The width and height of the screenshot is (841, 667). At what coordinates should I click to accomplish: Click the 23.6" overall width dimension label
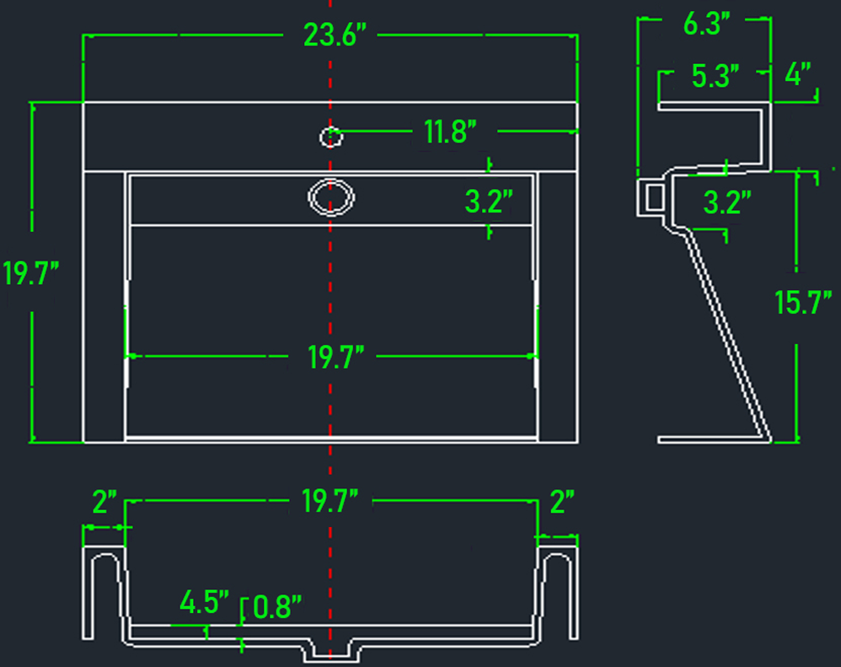335,35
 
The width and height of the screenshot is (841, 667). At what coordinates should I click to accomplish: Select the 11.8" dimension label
450,132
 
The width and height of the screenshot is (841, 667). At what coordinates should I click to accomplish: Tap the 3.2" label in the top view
489,202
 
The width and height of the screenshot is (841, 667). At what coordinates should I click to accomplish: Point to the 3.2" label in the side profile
726,203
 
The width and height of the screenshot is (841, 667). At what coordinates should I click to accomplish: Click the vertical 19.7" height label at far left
30,272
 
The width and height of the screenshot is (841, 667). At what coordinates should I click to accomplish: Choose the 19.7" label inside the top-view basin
335,358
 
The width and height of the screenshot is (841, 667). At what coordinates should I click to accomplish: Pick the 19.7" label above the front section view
329,501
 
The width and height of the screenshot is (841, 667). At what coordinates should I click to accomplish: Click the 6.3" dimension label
707,24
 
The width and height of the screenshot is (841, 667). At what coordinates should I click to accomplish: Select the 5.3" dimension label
715,76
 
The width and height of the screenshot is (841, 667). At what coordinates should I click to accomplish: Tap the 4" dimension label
798,74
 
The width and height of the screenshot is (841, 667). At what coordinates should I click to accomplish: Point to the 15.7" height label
803,302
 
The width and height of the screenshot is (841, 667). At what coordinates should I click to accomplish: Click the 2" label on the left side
104,502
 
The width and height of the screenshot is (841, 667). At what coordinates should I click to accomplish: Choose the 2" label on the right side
562,502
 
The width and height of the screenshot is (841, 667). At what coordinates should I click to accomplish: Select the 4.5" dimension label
204,602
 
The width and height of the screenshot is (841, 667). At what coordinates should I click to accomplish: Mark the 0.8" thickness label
276,607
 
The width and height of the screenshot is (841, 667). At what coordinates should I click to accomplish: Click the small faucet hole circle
331,137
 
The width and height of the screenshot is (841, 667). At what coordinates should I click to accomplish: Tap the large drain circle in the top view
331,197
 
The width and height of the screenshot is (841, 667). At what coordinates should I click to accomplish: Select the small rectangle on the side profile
655,198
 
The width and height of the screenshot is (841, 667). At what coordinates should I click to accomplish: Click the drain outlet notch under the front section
331,650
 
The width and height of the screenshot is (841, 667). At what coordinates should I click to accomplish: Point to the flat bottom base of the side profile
714,440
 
